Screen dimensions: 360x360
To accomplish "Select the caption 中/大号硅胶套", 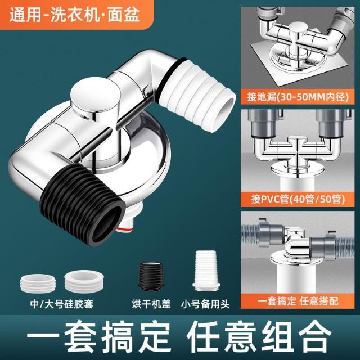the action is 62,304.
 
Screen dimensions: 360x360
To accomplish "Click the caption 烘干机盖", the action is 151,304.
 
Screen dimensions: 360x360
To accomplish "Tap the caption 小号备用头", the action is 205,304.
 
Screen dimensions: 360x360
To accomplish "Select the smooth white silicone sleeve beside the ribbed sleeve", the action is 84,281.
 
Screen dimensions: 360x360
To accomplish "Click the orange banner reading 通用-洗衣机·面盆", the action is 75,15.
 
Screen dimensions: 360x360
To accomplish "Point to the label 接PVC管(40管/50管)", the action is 298,199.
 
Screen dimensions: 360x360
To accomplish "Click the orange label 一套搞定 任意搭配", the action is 298,301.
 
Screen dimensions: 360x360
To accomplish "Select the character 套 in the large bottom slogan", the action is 80,337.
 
